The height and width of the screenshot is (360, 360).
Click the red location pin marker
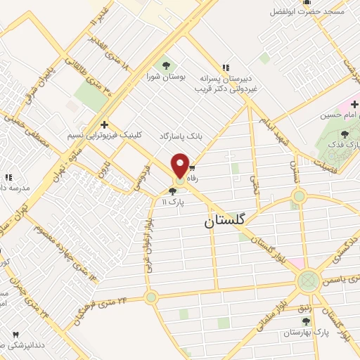[180, 166]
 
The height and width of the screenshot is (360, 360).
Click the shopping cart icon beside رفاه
[191, 169]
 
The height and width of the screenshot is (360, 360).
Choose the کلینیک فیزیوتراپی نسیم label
[104, 134]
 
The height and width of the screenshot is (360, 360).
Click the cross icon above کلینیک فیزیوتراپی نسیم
[104, 124]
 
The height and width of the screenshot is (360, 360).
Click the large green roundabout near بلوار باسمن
[307, 282]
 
